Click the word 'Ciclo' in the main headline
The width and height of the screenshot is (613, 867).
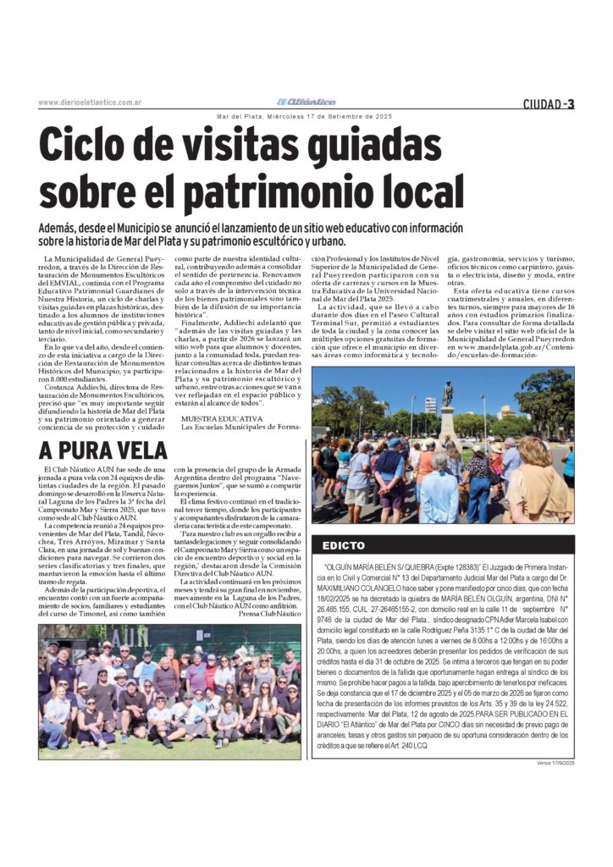point(92,146)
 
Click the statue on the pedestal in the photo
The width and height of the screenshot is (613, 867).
point(448,395)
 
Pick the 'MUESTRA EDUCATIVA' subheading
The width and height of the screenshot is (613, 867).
point(222,418)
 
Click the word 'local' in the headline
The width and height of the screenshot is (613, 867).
point(422,191)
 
